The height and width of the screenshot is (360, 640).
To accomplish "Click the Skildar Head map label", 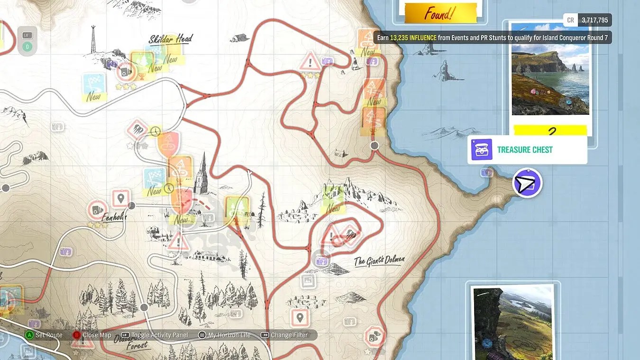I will pyautogui.click(x=171, y=39).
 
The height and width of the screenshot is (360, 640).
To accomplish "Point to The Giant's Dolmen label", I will pyautogui.click(x=379, y=261).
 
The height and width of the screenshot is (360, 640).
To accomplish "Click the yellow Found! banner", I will pyautogui.click(x=440, y=13).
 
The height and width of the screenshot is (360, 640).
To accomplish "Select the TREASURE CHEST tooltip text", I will pyautogui.click(x=525, y=150).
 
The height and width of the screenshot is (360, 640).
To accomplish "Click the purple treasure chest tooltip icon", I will pyautogui.click(x=482, y=150).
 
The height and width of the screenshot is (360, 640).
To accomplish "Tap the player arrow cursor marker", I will pyautogui.click(x=527, y=183).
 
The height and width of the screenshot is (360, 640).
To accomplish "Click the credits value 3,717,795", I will pyautogui.click(x=594, y=20).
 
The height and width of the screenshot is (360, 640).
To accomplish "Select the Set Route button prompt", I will pyautogui.click(x=48, y=335).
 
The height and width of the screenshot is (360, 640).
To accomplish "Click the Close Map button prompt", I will pyautogui.click(x=97, y=335).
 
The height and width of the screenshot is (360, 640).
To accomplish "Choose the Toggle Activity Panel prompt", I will pyautogui.click(x=159, y=335).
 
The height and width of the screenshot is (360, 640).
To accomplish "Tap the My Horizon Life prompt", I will pyautogui.click(x=229, y=335).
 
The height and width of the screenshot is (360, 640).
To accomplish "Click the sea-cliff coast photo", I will pyautogui.click(x=550, y=69).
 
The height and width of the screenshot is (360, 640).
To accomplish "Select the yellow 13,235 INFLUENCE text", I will pyautogui.click(x=413, y=37).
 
